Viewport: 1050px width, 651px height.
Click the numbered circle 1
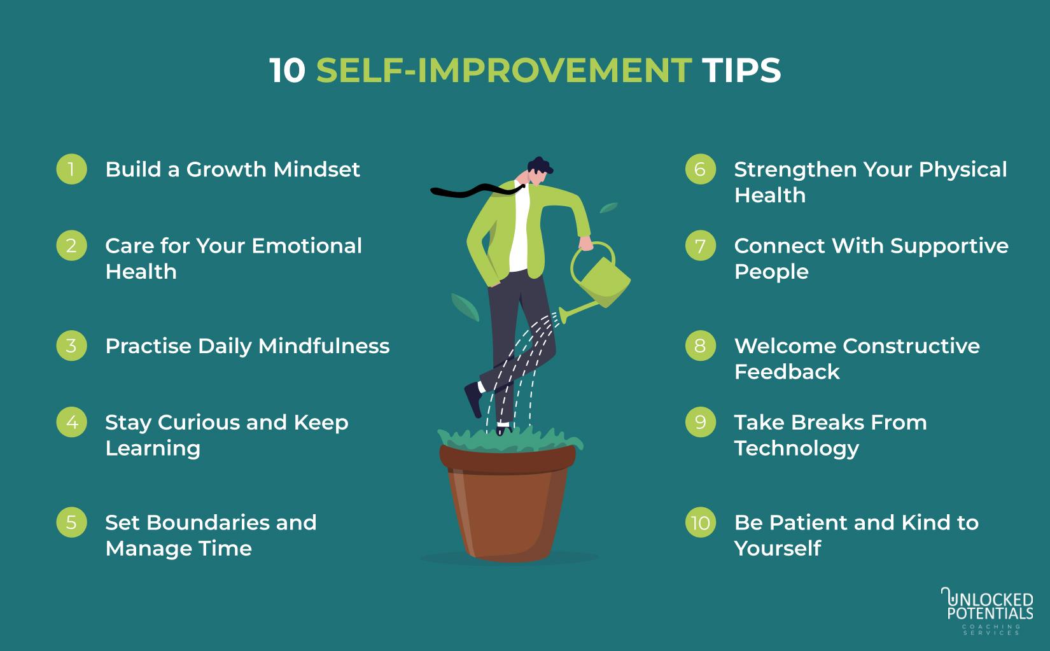click(71, 169)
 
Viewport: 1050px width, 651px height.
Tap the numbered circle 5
click(71, 522)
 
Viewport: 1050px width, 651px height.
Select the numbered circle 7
click(700, 246)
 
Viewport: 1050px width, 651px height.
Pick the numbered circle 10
click(700, 522)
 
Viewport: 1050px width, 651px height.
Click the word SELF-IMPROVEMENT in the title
click(503, 70)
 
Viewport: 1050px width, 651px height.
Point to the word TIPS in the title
click(741, 70)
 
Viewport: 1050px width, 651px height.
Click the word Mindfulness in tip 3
click(324, 346)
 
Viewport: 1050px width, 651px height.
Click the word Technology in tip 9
click(796, 448)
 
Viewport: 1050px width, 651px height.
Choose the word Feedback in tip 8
click(787, 372)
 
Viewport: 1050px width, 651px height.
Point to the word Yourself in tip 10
click(777, 549)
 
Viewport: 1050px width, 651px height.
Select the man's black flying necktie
click(471, 190)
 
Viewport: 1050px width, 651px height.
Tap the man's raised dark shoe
click(473, 398)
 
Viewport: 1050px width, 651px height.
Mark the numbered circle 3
click(71, 346)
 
